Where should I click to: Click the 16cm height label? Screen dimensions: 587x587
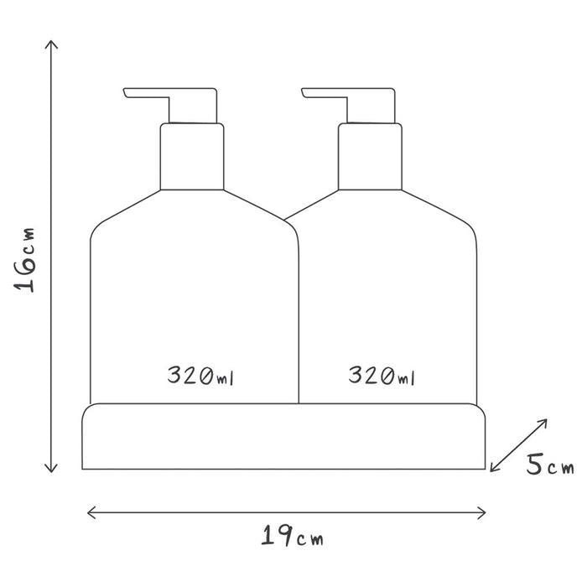24,259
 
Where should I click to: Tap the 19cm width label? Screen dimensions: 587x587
292,536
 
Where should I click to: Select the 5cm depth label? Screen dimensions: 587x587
550,465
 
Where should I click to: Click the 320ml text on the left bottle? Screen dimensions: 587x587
200,376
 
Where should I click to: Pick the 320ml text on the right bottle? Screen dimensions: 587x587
382,376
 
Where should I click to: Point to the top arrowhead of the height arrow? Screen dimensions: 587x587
51,41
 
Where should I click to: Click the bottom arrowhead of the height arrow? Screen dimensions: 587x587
51,471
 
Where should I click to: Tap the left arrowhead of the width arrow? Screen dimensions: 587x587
88,512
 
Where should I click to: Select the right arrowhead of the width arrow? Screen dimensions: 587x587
485,512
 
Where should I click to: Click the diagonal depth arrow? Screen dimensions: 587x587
518,445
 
